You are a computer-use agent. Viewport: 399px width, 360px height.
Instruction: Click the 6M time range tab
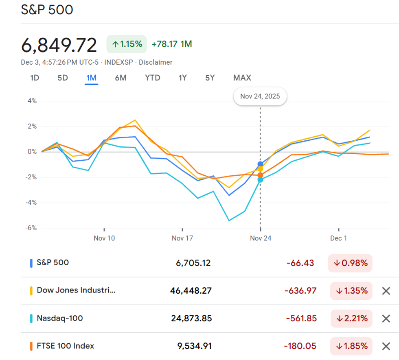pos(121,78)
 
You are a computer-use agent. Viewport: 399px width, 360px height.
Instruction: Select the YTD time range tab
pos(153,78)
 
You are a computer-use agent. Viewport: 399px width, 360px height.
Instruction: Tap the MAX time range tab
pos(242,78)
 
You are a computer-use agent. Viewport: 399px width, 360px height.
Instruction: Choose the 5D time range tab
pos(63,78)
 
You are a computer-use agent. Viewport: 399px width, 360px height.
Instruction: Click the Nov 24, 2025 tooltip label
pos(260,97)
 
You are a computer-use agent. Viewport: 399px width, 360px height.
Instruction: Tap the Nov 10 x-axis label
pos(104,238)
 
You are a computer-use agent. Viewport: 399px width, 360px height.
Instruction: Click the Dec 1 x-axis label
pos(338,238)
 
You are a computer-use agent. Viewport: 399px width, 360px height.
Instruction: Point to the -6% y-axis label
pos(31,228)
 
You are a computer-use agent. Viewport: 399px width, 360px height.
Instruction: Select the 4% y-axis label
pos(32,101)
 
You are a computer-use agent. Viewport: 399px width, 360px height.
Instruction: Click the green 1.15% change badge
pos(127,44)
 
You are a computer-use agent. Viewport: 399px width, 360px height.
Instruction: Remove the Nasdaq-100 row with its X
pos(386,319)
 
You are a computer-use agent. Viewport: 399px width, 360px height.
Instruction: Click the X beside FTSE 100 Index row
pos(386,346)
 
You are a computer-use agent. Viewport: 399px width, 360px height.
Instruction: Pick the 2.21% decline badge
pos(350,319)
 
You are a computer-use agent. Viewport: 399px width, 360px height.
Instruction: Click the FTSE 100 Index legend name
pos(65,346)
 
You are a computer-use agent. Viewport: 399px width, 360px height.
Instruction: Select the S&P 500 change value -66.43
pos(300,263)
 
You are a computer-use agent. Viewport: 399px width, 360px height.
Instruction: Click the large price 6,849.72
pos(59,45)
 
